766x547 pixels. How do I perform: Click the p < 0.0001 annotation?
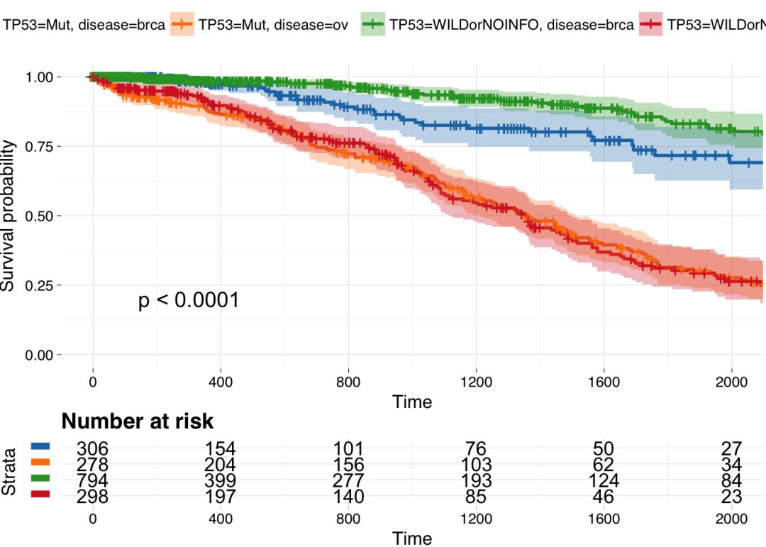click(188, 301)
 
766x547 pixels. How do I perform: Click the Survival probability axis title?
click(9, 216)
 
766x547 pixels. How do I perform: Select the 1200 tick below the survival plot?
click(475, 382)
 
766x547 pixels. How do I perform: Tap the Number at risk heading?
click(138, 421)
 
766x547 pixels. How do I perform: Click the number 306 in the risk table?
click(92, 448)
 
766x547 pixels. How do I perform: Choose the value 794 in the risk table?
click(92, 481)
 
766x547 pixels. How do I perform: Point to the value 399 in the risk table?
click(221, 481)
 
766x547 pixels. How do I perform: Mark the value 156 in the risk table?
click(348, 465)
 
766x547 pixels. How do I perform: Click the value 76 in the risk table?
click(476, 448)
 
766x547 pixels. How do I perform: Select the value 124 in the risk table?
click(604, 481)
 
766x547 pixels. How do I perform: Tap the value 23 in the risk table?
click(731, 497)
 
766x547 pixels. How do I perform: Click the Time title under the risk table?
click(412, 538)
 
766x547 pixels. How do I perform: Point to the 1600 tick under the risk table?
click(604, 519)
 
